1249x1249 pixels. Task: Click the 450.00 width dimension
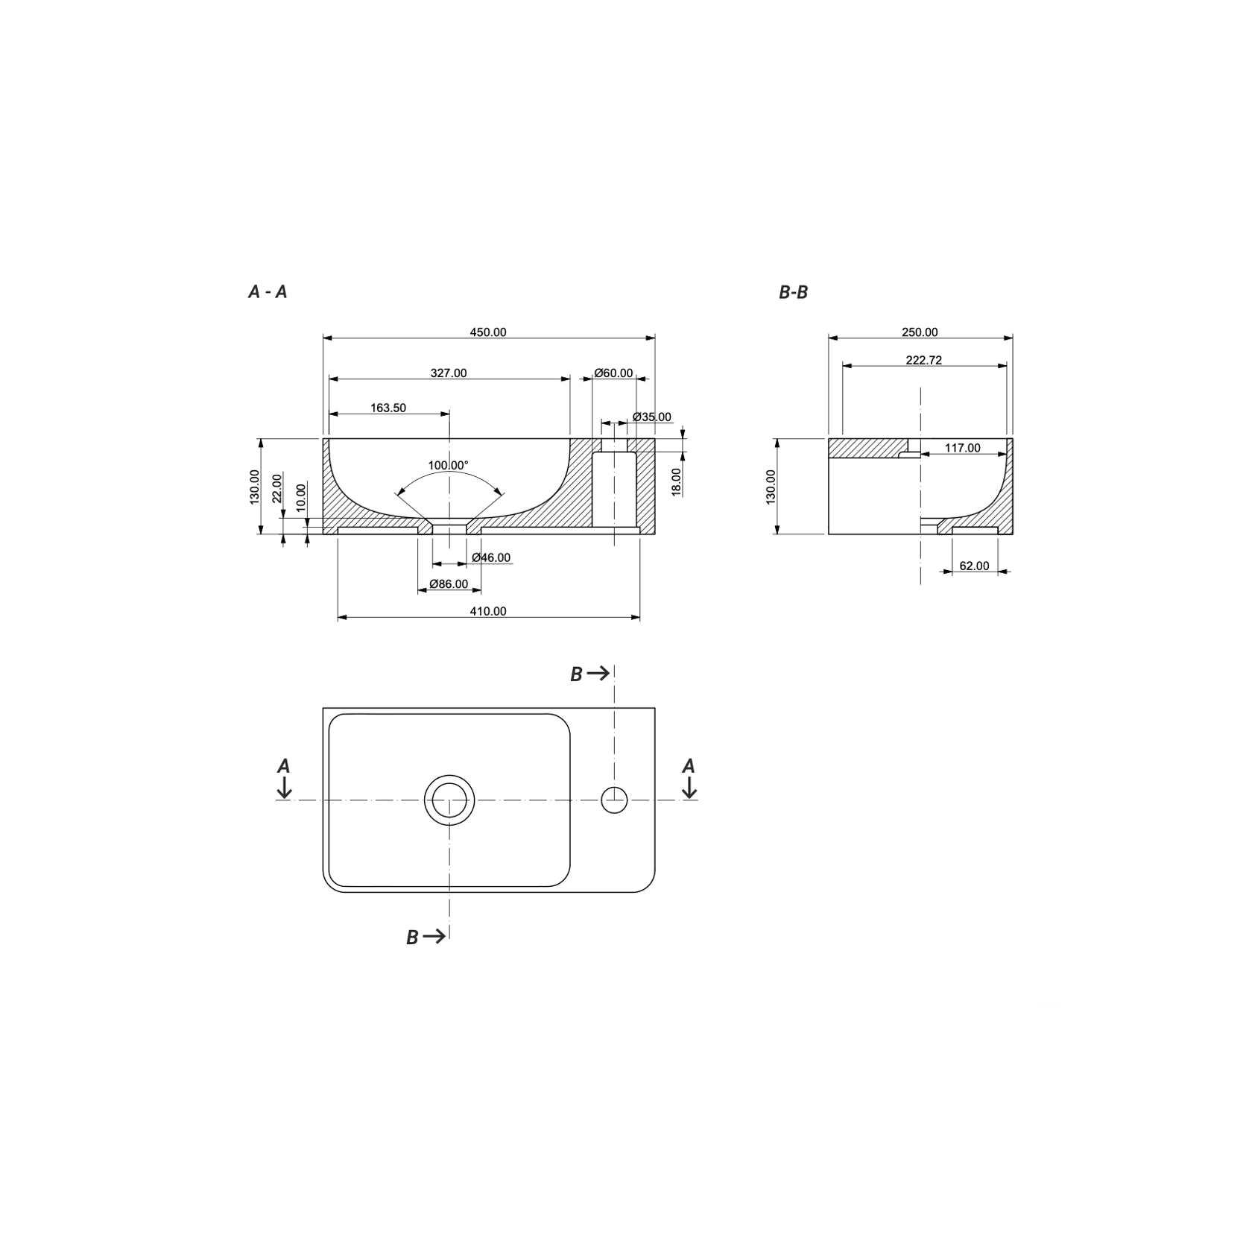488,332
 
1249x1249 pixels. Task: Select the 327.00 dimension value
449,373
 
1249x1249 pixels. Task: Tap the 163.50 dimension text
388,408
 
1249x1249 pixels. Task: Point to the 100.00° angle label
448,465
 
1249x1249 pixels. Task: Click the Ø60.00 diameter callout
614,373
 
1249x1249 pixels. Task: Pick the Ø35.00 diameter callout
651,417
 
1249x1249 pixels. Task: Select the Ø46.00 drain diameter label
491,557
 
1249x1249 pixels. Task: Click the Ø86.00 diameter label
449,584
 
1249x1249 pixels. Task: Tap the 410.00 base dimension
488,611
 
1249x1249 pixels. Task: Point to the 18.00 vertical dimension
677,481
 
